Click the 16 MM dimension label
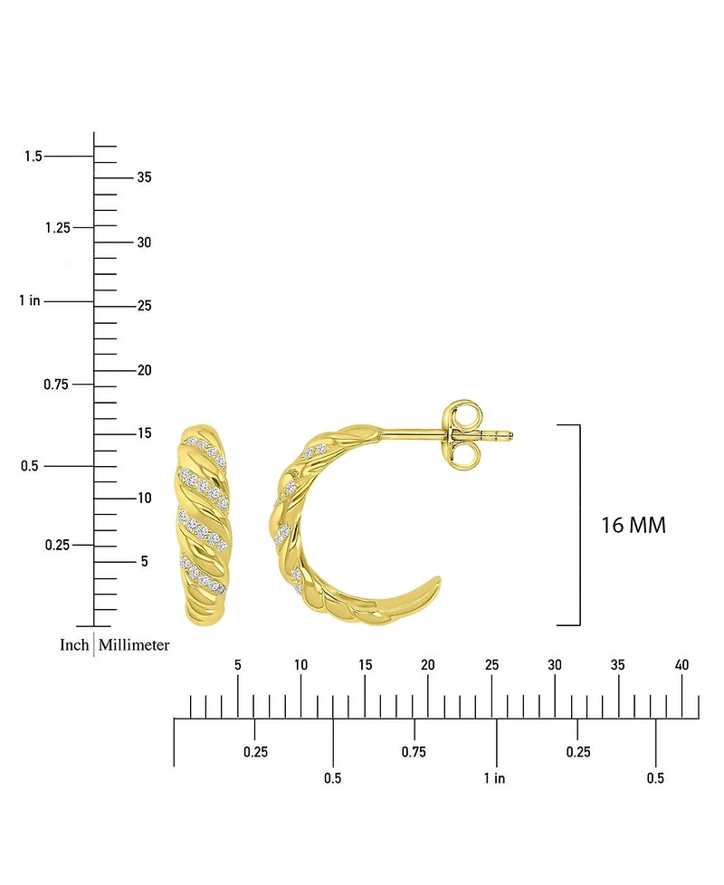(x=633, y=526)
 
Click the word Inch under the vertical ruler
(x=74, y=644)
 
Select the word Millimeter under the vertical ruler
(x=134, y=644)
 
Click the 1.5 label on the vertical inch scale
(x=33, y=156)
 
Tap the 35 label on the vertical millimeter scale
(x=145, y=177)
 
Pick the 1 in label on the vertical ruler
(x=30, y=300)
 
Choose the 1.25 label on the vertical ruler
(x=58, y=227)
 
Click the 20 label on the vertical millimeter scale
(x=145, y=370)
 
